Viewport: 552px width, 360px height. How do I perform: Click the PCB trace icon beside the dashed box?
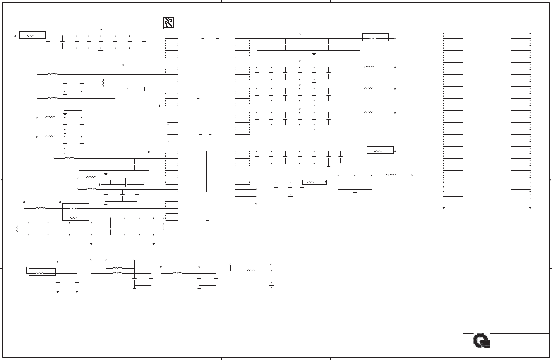[x=169, y=22]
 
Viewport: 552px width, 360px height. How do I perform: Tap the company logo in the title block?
[x=482, y=341]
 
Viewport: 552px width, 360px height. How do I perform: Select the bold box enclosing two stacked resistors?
[x=76, y=212]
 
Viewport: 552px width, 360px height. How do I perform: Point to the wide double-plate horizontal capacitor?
[x=126, y=182]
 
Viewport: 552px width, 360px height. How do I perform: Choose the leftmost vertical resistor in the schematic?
[x=17, y=229]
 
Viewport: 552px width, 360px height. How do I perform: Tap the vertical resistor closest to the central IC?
[x=163, y=228]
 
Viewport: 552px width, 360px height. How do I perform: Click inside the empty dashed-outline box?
[x=213, y=23]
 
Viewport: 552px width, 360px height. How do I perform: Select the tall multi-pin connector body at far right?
[x=487, y=115]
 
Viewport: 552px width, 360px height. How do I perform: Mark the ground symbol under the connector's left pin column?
[x=444, y=207]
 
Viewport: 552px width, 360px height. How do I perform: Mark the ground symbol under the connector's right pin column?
[x=530, y=207]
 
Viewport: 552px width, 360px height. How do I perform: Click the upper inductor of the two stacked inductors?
[x=117, y=268]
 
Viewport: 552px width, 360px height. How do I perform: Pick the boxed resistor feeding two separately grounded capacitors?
[x=42, y=272]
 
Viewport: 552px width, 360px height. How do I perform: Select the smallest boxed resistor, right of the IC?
[x=314, y=182]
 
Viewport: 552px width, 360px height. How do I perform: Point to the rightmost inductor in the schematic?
[x=391, y=175]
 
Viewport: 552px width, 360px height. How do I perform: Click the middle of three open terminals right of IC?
[x=256, y=196]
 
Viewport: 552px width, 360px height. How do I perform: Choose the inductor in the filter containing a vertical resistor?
[x=53, y=74]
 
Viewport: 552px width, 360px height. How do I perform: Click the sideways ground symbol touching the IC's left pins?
[x=160, y=106]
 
